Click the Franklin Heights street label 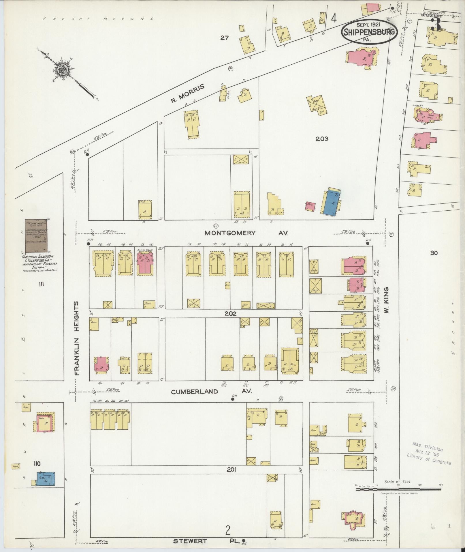point(77,338)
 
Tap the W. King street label point(387,300)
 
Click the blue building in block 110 point(47,479)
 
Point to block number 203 point(322,139)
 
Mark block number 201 point(231,469)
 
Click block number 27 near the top point(224,38)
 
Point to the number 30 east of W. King point(434,253)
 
